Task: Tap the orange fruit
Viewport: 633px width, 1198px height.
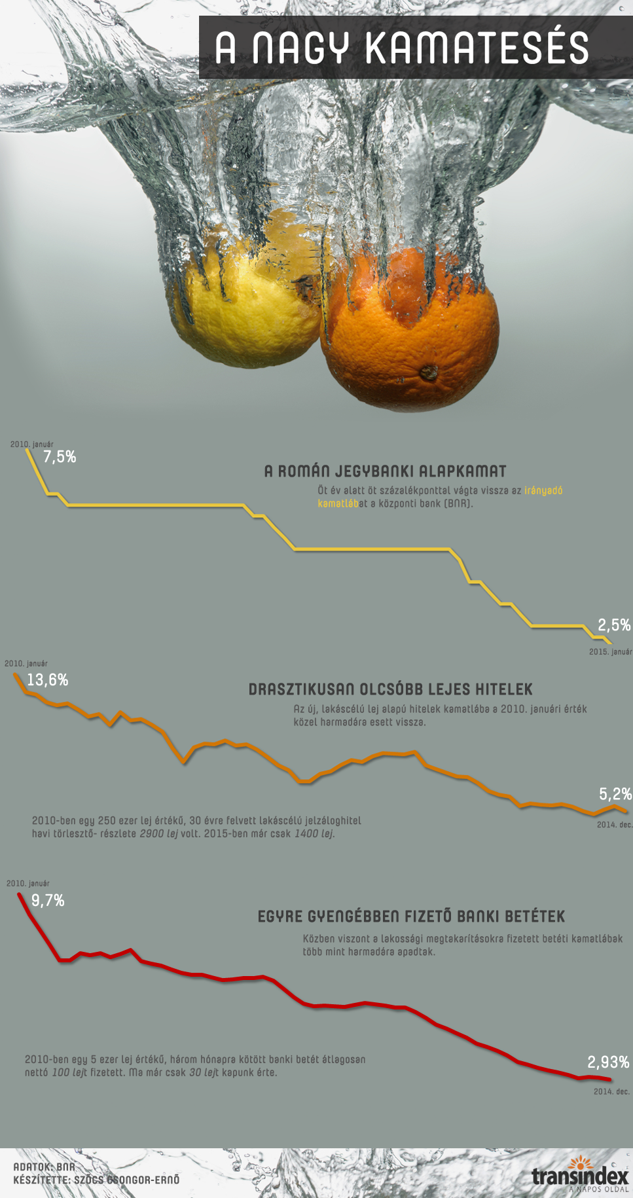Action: pyautogui.click(x=412, y=334)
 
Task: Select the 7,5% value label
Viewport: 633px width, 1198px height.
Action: pyautogui.click(x=60, y=457)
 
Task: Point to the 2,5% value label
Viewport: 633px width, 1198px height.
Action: pyautogui.click(x=614, y=625)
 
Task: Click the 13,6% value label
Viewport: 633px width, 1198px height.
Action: pyautogui.click(x=48, y=680)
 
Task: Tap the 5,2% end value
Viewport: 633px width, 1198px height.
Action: pyautogui.click(x=615, y=795)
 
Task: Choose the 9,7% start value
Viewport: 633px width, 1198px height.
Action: pyautogui.click(x=48, y=901)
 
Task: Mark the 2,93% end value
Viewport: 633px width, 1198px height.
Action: pyautogui.click(x=608, y=1062)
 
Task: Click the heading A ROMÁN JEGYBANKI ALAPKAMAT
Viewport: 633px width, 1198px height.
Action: pyautogui.click(x=385, y=471)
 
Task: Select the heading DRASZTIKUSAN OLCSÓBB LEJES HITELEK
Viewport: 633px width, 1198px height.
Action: pyautogui.click(x=390, y=689)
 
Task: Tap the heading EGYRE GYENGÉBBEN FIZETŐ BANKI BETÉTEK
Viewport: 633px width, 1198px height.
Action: pyautogui.click(x=411, y=917)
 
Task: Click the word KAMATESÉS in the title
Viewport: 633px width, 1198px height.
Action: pyautogui.click(x=477, y=48)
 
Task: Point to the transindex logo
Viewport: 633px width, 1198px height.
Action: pyautogui.click(x=580, y=1176)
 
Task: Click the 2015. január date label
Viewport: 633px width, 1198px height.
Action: pyautogui.click(x=610, y=652)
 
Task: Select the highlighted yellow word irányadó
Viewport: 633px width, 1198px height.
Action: pyautogui.click(x=543, y=490)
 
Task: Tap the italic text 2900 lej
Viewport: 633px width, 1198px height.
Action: pyautogui.click(x=158, y=834)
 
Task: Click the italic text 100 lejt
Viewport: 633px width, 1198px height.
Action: pyautogui.click(x=69, y=1073)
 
